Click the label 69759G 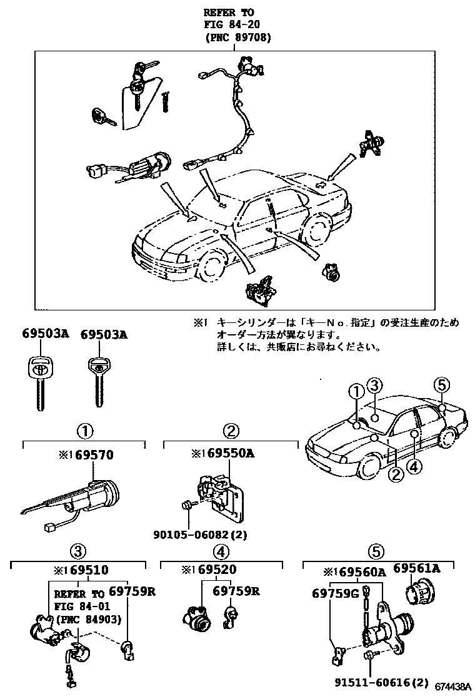[335, 593]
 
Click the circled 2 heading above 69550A [231, 431]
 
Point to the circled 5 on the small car [441, 385]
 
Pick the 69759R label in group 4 [237, 591]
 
